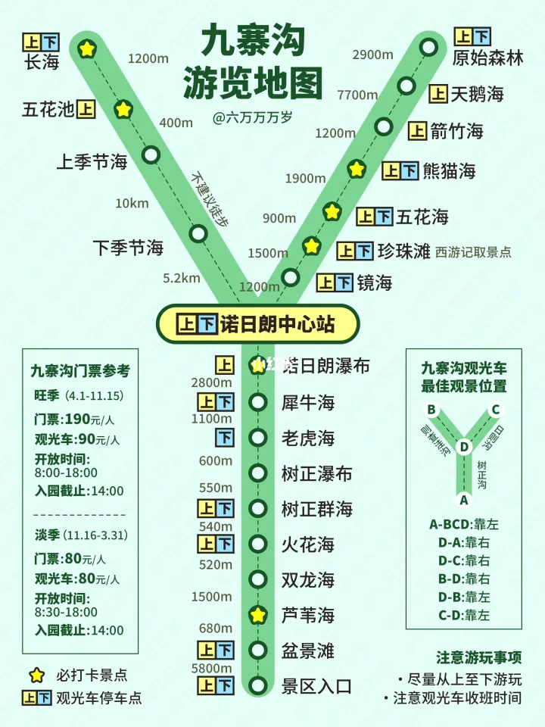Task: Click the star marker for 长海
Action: (x=88, y=49)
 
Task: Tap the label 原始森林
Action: (x=487, y=58)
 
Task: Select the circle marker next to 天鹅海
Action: (x=407, y=86)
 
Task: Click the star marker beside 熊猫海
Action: (x=357, y=169)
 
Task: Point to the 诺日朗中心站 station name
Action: (x=277, y=324)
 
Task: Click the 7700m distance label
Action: (x=357, y=95)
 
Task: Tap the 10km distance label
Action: (x=132, y=203)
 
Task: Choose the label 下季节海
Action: (x=128, y=248)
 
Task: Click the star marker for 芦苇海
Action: (x=259, y=615)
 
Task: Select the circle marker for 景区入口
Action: (x=259, y=686)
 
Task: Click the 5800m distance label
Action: (x=212, y=668)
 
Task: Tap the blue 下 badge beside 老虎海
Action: (x=224, y=437)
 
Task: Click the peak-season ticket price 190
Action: (x=76, y=419)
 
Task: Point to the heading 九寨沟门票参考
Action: (x=80, y=371)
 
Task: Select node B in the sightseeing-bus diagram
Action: (x=431, y=410)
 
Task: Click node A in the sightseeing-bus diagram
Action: (x=464, y=500)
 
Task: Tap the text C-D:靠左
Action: (x=464, y=615)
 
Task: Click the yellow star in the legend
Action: (x=36, y=675)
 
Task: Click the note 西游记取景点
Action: (x=473, y=252)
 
